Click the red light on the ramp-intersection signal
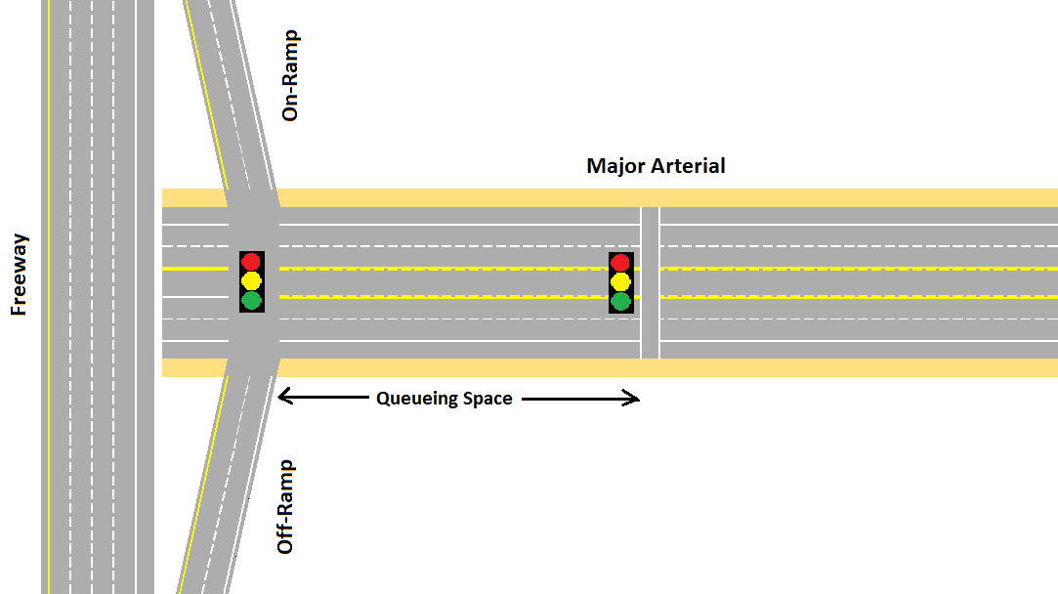pos(252,262)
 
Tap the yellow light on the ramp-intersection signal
pos(252,281)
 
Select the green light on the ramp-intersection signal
pos(252,300)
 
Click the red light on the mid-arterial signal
pos(621,263)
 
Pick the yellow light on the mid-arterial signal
pos(621,282)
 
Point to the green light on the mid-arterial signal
pos(621,301)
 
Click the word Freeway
pos(19,274)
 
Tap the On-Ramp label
pos(289,76)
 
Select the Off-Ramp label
pos(285,507)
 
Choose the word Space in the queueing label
pos(487,399)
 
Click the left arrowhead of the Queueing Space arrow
pos(283,397)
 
